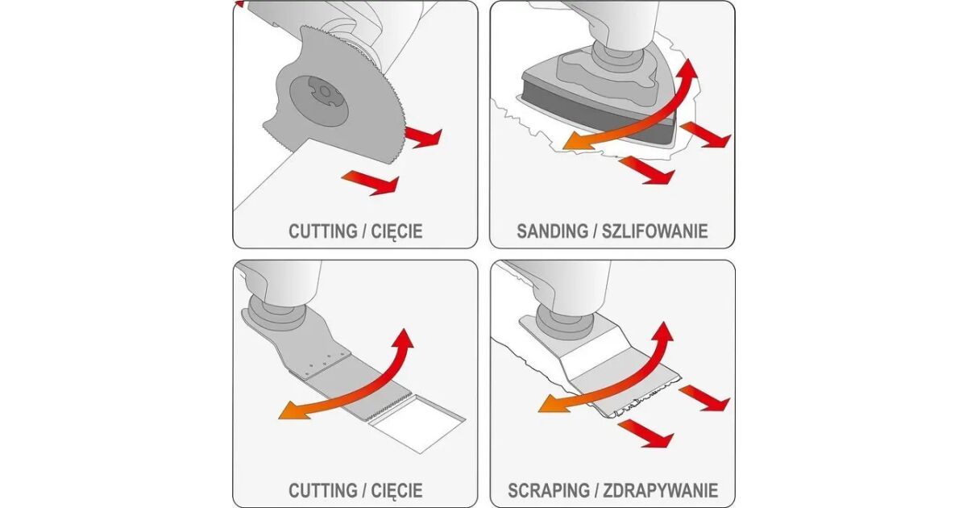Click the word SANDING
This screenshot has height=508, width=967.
point(552,231)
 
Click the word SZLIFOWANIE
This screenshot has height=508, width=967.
point(655,231)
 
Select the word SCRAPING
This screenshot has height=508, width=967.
point(549,490)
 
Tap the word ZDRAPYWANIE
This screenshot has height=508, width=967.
point(661,490)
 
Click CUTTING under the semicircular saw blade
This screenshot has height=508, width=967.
point(323,231)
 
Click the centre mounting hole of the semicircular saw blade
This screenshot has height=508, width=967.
point(323,92)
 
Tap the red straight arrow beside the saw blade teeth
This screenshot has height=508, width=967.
point(423,137)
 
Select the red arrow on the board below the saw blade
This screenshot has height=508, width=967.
point(371,181)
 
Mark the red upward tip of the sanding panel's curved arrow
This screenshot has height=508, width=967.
point(687,69)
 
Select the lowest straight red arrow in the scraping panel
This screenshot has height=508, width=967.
point(645,434)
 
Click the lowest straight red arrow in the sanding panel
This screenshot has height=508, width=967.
point(646,171)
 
